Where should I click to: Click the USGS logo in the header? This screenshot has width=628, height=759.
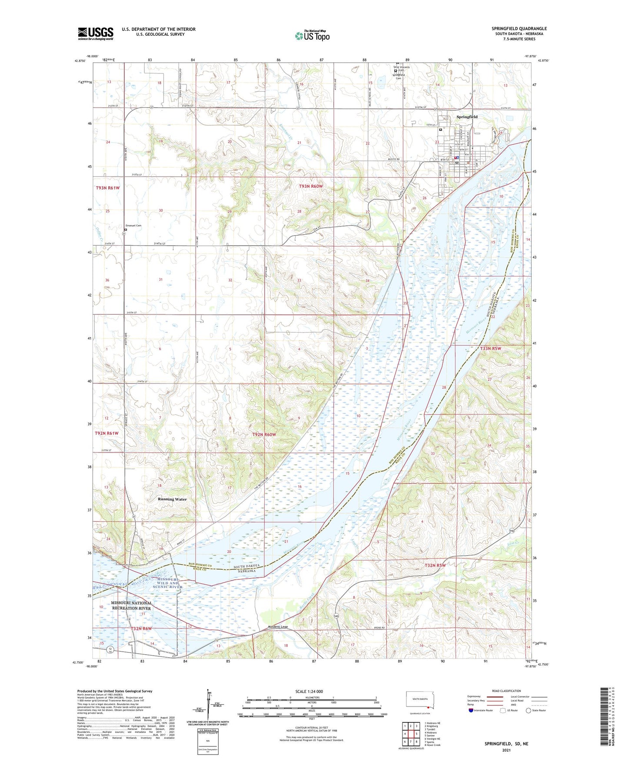pyautogui.click(x=96, y=33)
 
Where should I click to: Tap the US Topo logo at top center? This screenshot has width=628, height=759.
pyautogui.click(x=312, y=35)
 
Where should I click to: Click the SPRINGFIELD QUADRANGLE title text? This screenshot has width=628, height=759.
pyautogui.click(x=519, y=28)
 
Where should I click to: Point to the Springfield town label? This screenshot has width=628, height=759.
pyautogui.click(x=467, y=117)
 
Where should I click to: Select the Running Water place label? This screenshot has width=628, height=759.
pyautogui.click(x=172, y=499)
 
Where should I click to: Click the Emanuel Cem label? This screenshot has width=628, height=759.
pyautogui.click(x=133, y=226)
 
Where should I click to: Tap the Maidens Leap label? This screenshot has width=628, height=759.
pyautogui.click(x=278, y=627)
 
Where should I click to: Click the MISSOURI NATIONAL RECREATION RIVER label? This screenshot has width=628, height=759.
pyautogui.click(x=131, y=606)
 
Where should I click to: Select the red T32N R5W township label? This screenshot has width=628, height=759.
pyautogui.click(x=435, y=566)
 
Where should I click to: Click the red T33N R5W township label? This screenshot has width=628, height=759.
pyautogui.click(x=491, y=349)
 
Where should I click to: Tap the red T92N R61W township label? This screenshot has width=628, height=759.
pyautogui.click(x=106, y=433)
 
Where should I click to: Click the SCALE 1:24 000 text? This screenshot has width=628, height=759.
pyautogui.click(x=309, y=692)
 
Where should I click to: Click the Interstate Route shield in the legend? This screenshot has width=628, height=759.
pyautogui.click(x=472, y=710)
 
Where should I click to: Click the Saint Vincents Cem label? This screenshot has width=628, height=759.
pyautogui.click(x=401, y=69)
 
